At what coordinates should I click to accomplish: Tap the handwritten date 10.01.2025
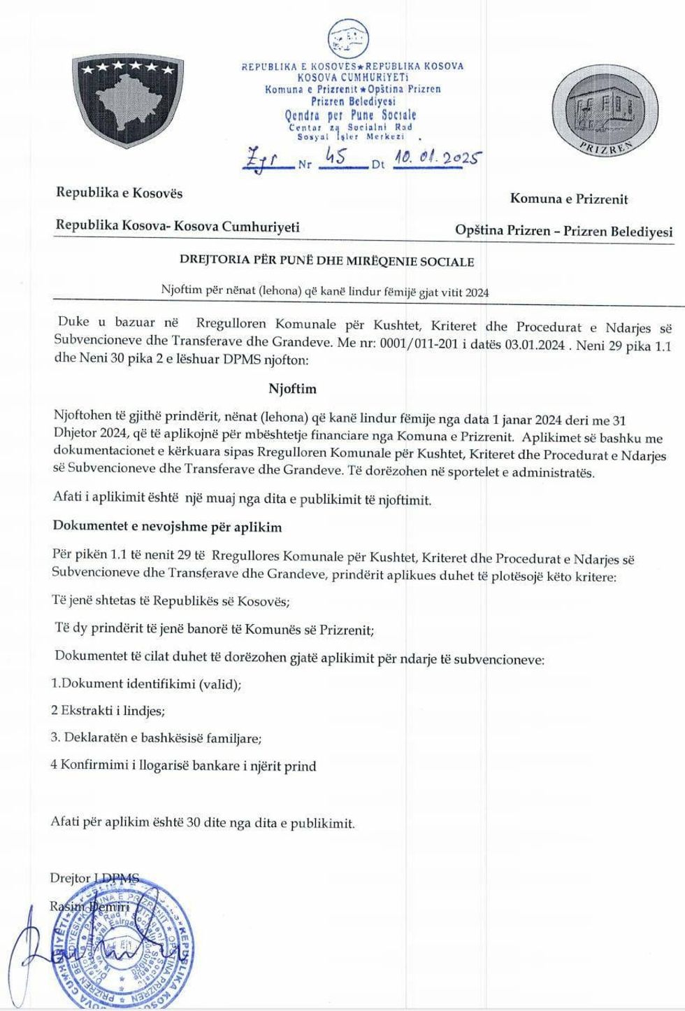435,160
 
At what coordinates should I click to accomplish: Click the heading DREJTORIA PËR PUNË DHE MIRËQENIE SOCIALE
327,262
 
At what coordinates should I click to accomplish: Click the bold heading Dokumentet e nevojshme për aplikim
168,527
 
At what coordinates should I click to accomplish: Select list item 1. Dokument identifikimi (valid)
147,684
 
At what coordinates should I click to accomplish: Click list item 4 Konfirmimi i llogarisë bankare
183,765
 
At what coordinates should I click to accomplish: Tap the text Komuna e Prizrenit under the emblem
569,199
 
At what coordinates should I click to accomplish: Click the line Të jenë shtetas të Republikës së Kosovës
171,602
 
